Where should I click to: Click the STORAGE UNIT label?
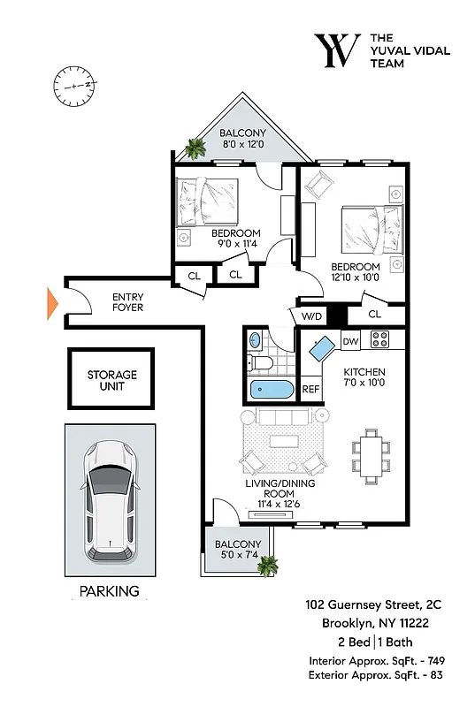pyautogui.click(x=111, y=380)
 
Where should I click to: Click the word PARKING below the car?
pyautogui.click(x=110, y=591)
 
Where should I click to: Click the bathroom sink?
pyautogui.click(x=255, y=339)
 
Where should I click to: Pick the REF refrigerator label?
pyautogui.click(x=311, y=388)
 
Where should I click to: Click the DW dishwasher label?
pyautogui.click(x=349, y=340)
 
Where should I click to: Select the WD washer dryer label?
pyautogui.click(x=311, y=315)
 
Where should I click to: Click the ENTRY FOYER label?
pyautogui.click(x=128, y=302)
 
